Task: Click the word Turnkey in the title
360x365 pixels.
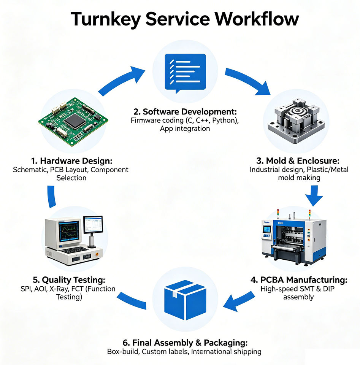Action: [106, 19]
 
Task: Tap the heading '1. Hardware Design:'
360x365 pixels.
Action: [72, 161]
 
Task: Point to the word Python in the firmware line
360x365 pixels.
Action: [224, 121]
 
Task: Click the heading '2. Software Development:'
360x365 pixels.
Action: [185, 112]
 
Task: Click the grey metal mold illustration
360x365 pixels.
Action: [296, 120]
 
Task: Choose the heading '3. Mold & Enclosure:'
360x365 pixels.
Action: [298, 161]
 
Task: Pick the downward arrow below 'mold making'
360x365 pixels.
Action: [314, 196]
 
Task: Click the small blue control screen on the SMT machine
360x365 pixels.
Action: [267, 230]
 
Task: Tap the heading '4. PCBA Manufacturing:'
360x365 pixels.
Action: [299, 280]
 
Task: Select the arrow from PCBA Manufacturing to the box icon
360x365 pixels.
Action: [239, 301]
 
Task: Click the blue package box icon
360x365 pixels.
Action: [185, 300]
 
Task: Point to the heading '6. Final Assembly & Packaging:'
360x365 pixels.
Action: [185, 343]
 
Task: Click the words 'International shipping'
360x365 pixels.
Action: [226, 352]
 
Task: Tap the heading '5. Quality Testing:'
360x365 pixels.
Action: [69, 280]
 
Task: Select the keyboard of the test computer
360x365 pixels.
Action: [75, 250]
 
